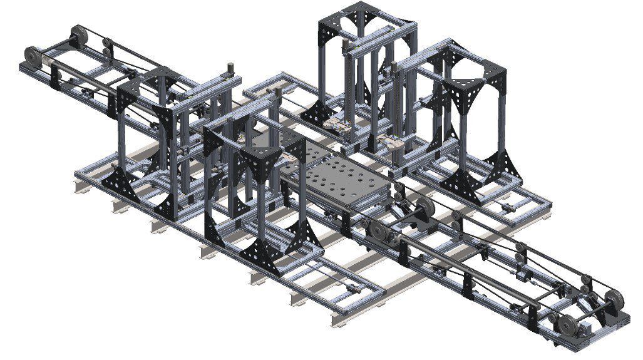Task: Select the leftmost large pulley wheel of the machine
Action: coord(31,56)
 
